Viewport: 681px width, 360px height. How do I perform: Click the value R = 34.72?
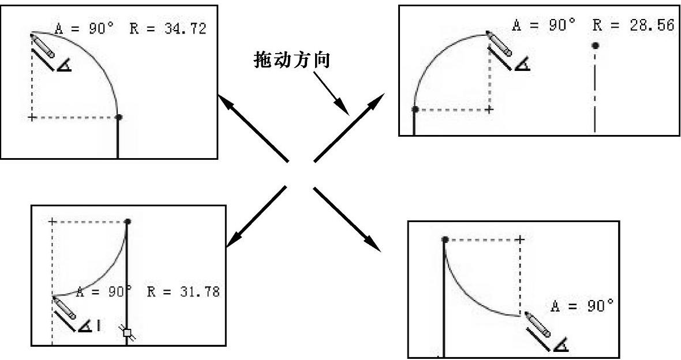click(167, 29)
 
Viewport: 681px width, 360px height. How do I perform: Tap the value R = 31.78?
click(183, 291)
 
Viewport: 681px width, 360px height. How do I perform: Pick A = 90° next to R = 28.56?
click(544, 25)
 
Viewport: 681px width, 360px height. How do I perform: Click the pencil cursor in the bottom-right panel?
click(538, 325)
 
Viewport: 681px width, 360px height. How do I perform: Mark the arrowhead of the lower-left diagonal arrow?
click(232, 241)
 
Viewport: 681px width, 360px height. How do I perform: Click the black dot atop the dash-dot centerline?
click(595, 44)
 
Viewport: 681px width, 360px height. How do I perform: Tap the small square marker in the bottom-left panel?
click(128, 332)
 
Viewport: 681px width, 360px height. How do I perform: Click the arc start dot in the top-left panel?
click(119, 117)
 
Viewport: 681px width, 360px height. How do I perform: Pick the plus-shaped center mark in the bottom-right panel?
click(520, 239)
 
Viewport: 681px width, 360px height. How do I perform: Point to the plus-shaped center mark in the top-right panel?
click(489, 109)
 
